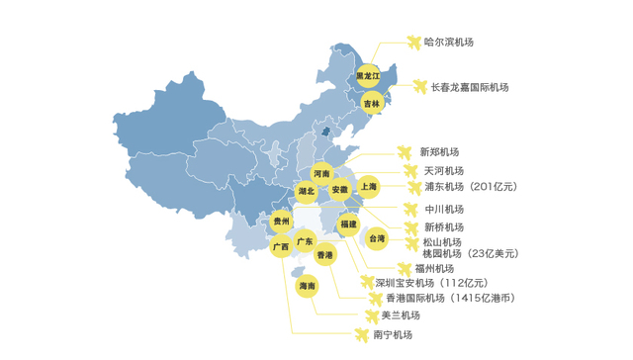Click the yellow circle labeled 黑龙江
point(368,75)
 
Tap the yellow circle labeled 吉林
point(371,103)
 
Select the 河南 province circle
point(322,173)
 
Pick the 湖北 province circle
point(306,191)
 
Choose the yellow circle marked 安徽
point(340,189)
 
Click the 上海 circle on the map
point(368,185)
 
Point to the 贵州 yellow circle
point(283,223)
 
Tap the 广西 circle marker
point(281,246)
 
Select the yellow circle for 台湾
point(378,238)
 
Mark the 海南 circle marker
point(308,286)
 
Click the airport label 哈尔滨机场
point(448,42)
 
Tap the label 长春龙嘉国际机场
point(469,87)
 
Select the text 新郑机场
point(439,152)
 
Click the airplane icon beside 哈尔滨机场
point(413,42)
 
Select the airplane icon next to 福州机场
point(403,268)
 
